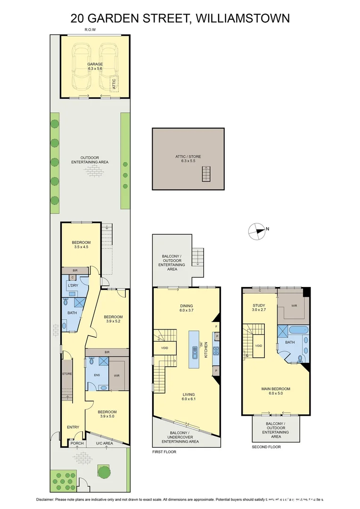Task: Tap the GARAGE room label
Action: click(x=95, y=66)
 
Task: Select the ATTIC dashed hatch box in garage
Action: click(x=115, y=83)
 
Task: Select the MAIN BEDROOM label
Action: click(x=276, y=391)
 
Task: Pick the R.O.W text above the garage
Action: click(x=90, y=30)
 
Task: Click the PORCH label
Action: click(x=76, y=443)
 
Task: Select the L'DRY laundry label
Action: click(x=72, y=286)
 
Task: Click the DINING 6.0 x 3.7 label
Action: click(x=186, y=308)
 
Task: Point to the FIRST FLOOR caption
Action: click(x=164, y=452)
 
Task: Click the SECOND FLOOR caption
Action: click(x=266, y=447)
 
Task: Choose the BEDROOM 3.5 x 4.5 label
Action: click(x=81, y=245)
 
